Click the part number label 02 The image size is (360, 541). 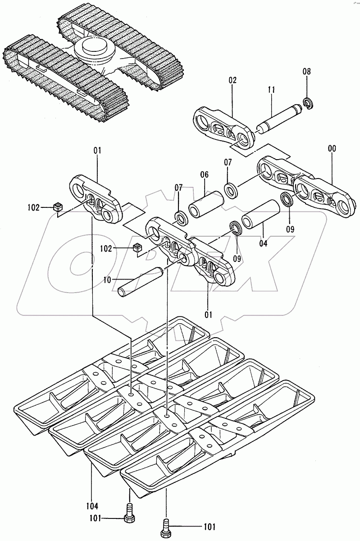click(x=232, y=80)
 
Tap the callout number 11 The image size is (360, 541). click(x=271, y=90)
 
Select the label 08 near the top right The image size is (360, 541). click(x=306, y=71)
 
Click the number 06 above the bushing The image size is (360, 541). click(x=205, y=174)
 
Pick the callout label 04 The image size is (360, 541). click(x=263, y=243)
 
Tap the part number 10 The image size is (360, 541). click(x=107, y=280)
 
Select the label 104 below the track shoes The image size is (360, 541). click(x=92, y=506)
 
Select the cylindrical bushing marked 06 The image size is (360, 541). click(x=206, y=204)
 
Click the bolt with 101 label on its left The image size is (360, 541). click(x=128, y=519)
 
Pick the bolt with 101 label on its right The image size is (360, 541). click(x=166, y=527)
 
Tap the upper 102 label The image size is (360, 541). click(x=33, y=207)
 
